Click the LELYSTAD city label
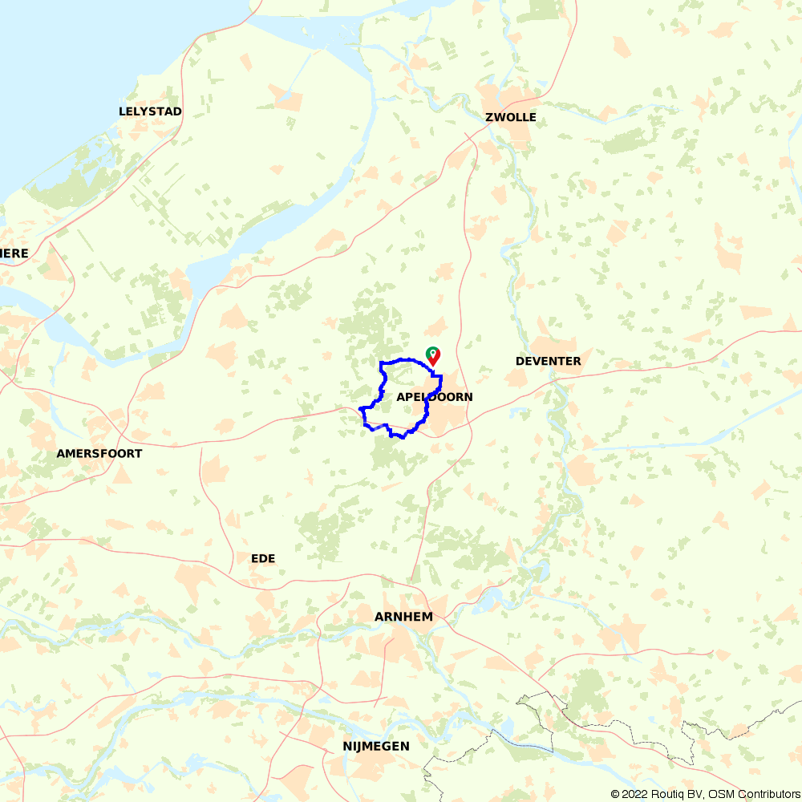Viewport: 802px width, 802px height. pyautogui.click(x=150, y=111)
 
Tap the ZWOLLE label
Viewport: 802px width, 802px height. pyautogui.click(x=511, y=118)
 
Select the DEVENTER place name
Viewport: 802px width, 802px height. pyautogui.click(x=548, y=362)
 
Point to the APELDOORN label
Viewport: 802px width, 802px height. pyautogui.click(x=434, y=397)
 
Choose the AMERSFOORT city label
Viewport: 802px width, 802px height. pyautogui.click(x=99, y=454)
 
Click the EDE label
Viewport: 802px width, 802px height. pyautogui.click(x=263, y=558)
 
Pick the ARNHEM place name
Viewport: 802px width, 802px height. pyautogui.click(x=403, y=617)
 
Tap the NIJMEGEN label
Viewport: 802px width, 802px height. pyautogui.click(x=375, y=747)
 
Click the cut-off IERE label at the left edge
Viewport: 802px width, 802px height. pyautogui.click(x=14, y=253)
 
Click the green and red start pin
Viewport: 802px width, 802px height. pyautogui.click(x=432, y=354)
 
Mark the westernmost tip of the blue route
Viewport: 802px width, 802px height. pyautogui.click(x=359, y=409)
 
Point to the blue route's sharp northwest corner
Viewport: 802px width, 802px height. pyautogui.click(x=380, y=363)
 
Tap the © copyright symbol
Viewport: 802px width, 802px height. pyautogui.click(x=615, y=794)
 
